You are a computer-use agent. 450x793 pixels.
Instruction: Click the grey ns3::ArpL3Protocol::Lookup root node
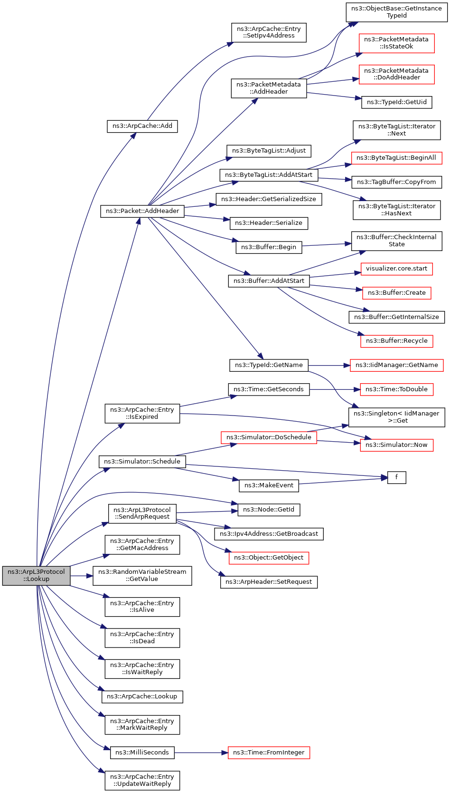coord(36,575)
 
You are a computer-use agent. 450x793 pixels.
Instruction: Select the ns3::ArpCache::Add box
coord(142,126)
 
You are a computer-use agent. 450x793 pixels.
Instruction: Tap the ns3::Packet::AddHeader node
coord(142,211)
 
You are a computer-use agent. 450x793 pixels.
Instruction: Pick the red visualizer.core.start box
coord(396,269)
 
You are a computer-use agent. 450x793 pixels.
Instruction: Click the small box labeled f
coord(396,477)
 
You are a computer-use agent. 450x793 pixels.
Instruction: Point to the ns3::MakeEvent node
coord(269,485)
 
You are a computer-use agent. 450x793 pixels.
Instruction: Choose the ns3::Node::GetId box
coord(269,510)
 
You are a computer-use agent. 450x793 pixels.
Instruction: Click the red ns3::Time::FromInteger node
coord(269,753)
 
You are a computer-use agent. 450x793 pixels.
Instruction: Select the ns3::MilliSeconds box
coord(142,753)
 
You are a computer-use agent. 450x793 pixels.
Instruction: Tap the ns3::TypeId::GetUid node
coord(397,102)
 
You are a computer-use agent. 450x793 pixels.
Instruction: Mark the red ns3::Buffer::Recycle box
coord(397,341)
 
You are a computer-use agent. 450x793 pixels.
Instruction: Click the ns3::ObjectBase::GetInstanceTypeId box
coord(396,12)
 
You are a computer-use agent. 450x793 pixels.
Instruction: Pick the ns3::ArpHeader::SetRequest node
coord(269,582)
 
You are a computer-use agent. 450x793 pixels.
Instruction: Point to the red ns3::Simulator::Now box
coord(396,445)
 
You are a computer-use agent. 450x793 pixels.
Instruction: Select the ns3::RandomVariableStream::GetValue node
coord(142,575)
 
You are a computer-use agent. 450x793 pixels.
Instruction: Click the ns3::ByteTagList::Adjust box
coord(269,151)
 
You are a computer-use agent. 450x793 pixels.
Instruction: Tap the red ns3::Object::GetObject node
coord(269,558)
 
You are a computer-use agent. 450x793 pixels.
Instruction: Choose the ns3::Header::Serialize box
coord(269,223)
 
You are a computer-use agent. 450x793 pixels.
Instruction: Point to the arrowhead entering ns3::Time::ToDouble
coord(357,389)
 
